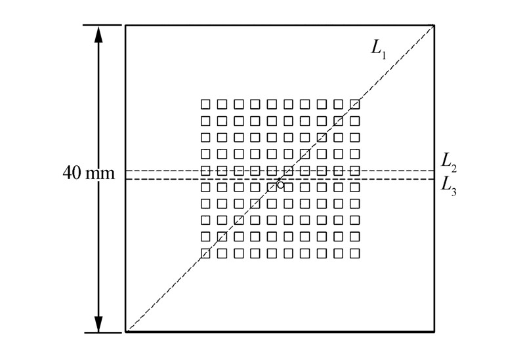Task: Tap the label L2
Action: [x=450, y=161]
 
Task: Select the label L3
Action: [x=450, y=185]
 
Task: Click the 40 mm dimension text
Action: [x=88, y=174]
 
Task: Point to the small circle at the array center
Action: [x=281, y=185]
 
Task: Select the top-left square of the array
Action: [x=205, y=104]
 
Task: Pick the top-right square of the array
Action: [x=355, y=104]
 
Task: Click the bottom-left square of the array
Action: [x=205, y=252]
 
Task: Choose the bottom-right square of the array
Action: [x=355, y=252]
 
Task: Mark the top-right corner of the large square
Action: [x=434, y=26]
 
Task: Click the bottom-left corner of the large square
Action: [x=126, y=332]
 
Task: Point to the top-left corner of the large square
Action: [x=126, y=26]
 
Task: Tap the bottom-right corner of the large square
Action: [x=434, y=332]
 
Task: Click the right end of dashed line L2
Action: [x=434, y=170]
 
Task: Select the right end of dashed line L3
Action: [x=434, y=178]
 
